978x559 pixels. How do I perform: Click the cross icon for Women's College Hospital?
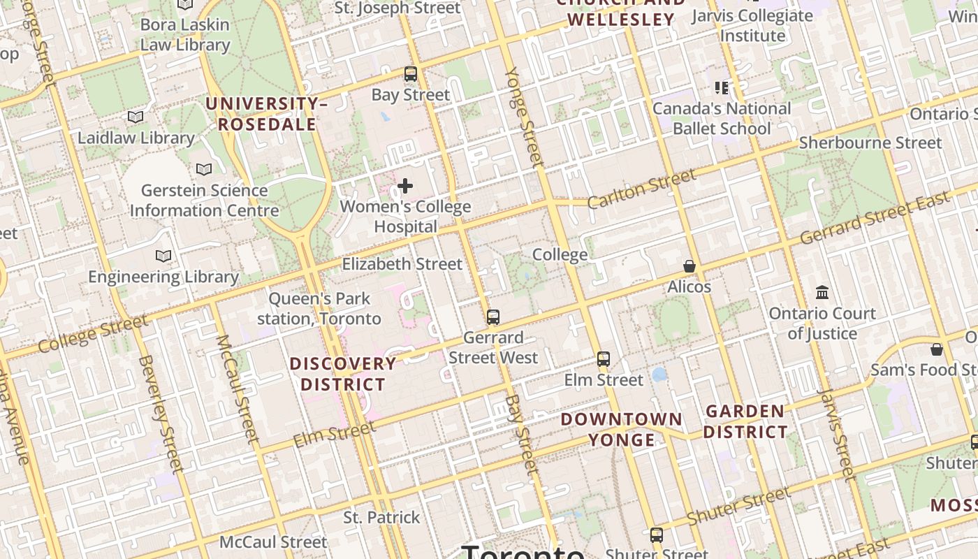click(404, 186)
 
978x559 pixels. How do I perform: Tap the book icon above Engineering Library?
click(163, 256)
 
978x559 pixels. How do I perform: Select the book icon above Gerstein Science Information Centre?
click(204, 169)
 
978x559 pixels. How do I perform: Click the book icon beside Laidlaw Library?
click(136, 117)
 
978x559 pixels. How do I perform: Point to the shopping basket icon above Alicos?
click(689, 266)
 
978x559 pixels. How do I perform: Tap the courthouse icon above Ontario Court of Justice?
click(822, 292)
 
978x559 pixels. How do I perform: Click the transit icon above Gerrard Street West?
click(493, 317)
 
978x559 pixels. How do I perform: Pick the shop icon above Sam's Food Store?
click(937, 349)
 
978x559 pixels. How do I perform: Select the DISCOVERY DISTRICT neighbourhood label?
click(343, 374)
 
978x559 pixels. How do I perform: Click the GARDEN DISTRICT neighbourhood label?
click(745, 421)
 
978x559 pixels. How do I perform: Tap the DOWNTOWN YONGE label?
click(622, 429)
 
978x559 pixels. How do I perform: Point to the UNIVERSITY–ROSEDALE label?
click(266, 114)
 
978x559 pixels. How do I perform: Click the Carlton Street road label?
click(641, 188)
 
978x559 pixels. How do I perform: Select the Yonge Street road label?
click(525, 117)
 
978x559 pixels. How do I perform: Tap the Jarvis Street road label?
click(836, 435)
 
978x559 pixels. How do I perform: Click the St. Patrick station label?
click(381, 518)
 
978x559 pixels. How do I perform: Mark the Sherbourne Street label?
click(870, 143)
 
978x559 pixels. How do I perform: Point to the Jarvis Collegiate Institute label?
click(752, 25)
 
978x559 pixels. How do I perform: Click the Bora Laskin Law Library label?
click(185, 34)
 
